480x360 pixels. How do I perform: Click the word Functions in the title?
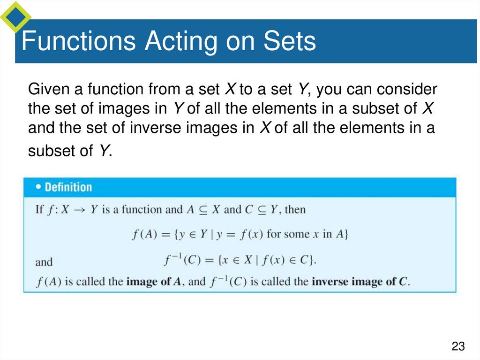point(79,41)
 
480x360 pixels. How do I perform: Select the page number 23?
point(458,347)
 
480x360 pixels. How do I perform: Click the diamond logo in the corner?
point(15,16)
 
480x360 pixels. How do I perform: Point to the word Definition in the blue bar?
point(68,187)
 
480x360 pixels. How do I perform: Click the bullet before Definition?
point(38,187)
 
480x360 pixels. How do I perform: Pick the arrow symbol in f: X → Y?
point(79,209)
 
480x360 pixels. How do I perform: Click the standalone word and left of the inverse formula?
point(44,261)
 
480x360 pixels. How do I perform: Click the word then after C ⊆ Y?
point(295,209)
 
